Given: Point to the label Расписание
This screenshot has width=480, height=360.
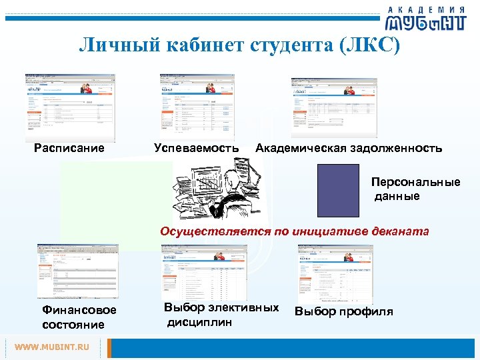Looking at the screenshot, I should (69, 148).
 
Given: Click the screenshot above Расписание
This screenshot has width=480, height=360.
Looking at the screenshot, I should (69, 107).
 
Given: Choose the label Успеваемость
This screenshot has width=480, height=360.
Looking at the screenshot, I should (196, 148).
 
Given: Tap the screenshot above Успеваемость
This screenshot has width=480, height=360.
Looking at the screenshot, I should (197, 105).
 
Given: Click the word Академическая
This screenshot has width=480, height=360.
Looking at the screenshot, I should (301, 148).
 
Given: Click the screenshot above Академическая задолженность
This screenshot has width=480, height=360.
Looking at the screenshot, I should (334, 107).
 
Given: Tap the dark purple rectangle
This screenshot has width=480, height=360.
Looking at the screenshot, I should (338, 190).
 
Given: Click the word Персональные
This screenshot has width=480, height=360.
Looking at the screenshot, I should (416, 182).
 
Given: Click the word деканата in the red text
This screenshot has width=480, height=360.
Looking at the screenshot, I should (403, 232).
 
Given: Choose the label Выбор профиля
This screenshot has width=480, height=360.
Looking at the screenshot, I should (344, 311).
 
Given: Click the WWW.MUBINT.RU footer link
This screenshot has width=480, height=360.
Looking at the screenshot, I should (52, 347).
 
